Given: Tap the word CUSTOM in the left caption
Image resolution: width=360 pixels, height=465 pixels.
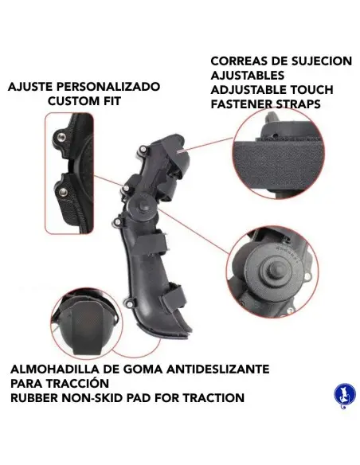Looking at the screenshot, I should [70, 102].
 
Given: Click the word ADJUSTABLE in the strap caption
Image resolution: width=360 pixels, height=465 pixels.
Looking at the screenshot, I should [253, 90].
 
